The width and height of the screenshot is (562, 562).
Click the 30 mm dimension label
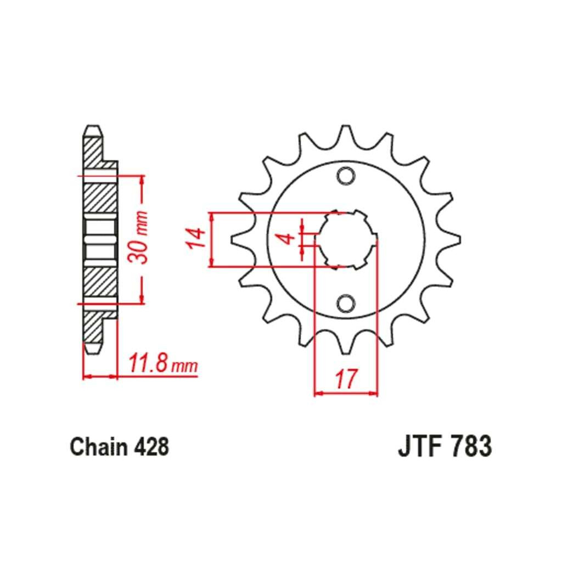[x=138, y=238]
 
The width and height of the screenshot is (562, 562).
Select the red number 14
[x=196, y=238]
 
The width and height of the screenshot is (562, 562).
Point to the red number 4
[x=287, y=238]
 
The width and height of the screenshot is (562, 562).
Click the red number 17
[x=346, y=378]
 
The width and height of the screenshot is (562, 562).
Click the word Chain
[x=99, y=447]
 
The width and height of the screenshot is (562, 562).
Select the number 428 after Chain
[x=151, y=447]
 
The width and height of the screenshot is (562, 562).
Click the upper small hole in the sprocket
[x=346, y=176]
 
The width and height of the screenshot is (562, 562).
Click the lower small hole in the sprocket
[x=346, y=303]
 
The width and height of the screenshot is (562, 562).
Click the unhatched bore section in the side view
[x=100, y=239]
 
